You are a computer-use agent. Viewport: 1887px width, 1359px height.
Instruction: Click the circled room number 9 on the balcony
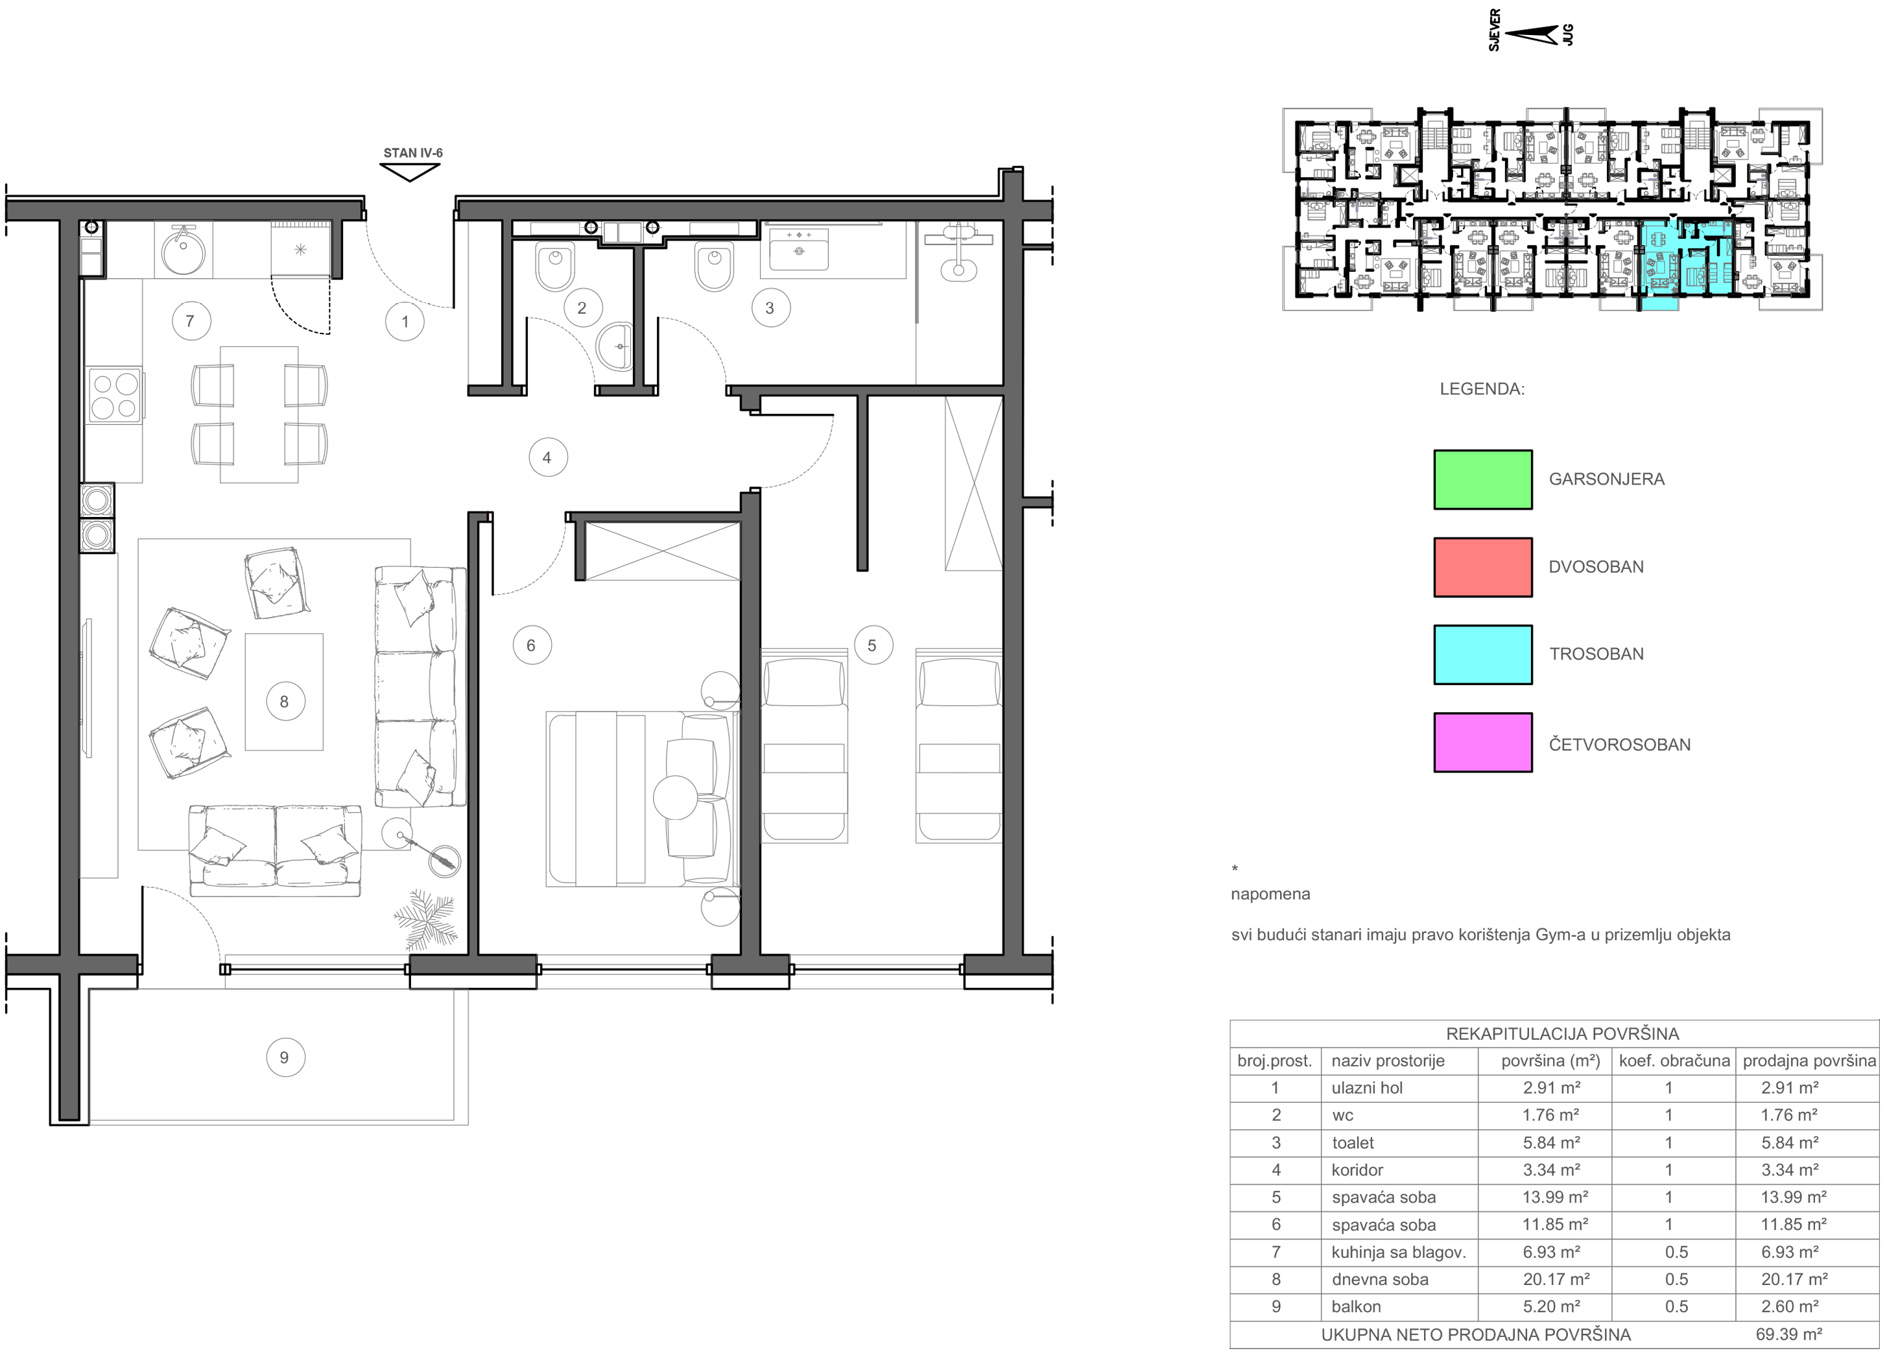(285, 1058)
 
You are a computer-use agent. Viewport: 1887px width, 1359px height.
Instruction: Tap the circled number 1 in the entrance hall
(405, 321)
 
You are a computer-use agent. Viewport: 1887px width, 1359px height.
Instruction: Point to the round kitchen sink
(183, 250)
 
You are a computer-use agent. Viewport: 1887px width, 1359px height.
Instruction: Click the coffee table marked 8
(284, 692)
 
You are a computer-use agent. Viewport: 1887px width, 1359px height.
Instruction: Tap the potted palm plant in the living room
(425, 920)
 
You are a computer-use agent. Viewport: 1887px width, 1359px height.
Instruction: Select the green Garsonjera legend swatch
(1482, 479)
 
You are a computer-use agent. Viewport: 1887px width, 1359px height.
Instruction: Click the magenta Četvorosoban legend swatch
(1482, 742)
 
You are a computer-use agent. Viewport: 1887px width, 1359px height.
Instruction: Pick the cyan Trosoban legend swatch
(1482, 655)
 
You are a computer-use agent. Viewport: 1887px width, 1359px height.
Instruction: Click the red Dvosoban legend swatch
(1482, 567)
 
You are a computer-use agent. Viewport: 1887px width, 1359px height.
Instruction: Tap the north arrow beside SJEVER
(1531, 35)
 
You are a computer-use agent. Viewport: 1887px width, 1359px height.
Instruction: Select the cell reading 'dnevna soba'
(1379, 1279)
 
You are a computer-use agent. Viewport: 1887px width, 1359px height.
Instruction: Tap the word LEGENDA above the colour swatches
(1482, 389)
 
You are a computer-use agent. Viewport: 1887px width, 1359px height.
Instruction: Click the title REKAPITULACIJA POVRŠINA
(1561, 1033)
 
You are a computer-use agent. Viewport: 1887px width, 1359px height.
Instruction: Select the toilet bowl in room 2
(555, 265)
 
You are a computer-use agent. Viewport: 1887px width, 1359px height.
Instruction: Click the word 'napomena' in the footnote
(1270, 894)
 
